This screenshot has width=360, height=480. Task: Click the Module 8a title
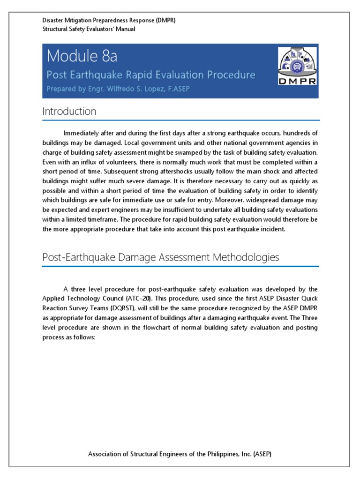click(82, 56)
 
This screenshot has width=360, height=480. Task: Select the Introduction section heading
click(69, 112)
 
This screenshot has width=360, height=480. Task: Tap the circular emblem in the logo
click(297, 65)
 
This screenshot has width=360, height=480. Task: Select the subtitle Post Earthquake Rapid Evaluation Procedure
click(151, 75)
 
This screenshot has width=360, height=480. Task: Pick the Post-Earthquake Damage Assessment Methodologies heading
click(160, 257)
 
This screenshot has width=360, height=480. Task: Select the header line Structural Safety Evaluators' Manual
click(89, 29)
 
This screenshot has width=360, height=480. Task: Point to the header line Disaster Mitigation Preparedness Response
click(109, 21)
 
